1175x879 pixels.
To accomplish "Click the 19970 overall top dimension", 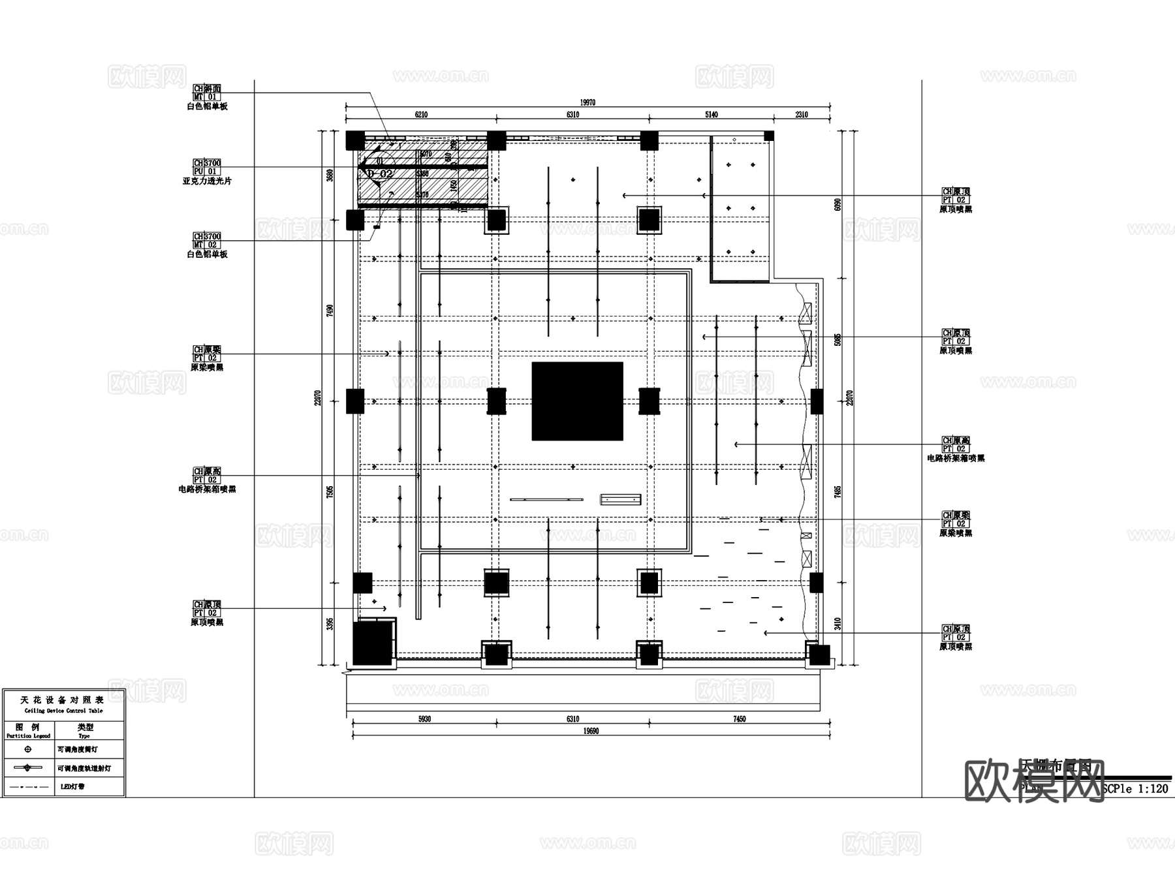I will (x=587, y=102).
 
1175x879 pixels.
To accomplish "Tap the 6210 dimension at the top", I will (x=421, y=115).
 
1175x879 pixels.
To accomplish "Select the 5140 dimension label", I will (x=711, y=115).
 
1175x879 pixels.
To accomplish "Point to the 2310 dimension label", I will (x=801, y=115).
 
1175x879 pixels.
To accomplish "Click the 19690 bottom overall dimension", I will (x=591, y=731).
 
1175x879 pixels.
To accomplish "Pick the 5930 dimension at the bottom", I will (x=424, y=719).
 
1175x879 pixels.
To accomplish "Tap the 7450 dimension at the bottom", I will (x=739, y=719).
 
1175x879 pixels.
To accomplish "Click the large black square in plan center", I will (x=577, y=401).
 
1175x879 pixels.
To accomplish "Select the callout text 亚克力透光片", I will (x=207, y=181).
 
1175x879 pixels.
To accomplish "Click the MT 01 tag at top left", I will (x=207, y=97).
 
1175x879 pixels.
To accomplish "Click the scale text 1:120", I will (x=1153, y=788).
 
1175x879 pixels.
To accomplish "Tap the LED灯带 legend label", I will (x=72, y=786).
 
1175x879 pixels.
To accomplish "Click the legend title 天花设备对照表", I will (x=63, y=700).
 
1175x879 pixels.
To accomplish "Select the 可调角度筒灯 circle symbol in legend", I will (x=27, y=749).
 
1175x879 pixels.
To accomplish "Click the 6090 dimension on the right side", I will (x=838, y=205).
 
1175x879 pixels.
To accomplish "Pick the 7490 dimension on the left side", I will (x=330, y=311).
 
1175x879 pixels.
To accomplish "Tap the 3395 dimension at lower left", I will (x=330, y=623).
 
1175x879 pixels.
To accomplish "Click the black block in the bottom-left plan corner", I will (x=373, y=643).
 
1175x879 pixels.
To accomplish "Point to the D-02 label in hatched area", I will (x=380, y=174).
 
